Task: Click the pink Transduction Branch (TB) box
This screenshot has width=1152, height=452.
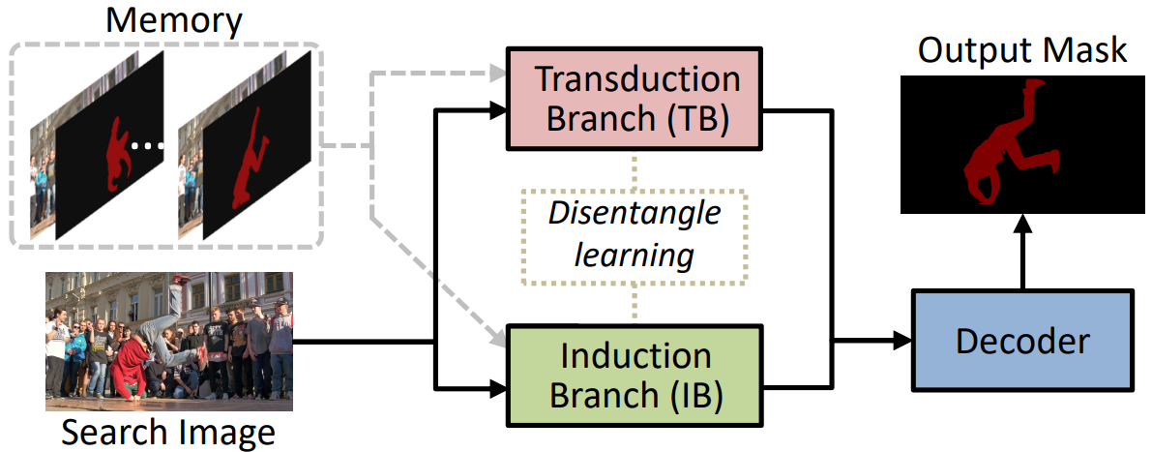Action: [x=635, y=98]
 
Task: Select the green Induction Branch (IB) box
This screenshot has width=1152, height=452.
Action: [x=635, y=376]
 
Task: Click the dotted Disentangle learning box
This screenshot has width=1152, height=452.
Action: [x=635, y=237]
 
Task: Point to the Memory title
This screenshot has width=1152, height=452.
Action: [x=173, y=21]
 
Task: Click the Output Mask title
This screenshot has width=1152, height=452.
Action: [x=1022, y=50]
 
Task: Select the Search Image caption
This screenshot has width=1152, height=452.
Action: [x=168, y=433]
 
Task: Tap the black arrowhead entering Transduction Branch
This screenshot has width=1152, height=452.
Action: [x=496, y=111]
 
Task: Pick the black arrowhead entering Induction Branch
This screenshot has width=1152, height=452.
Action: [x=496, y=386]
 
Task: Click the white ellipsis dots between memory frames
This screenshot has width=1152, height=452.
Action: [x=148, y=147]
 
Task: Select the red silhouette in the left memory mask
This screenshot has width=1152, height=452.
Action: [x=117, y=153]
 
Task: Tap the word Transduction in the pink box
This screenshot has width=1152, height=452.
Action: [x=636, y=79]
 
